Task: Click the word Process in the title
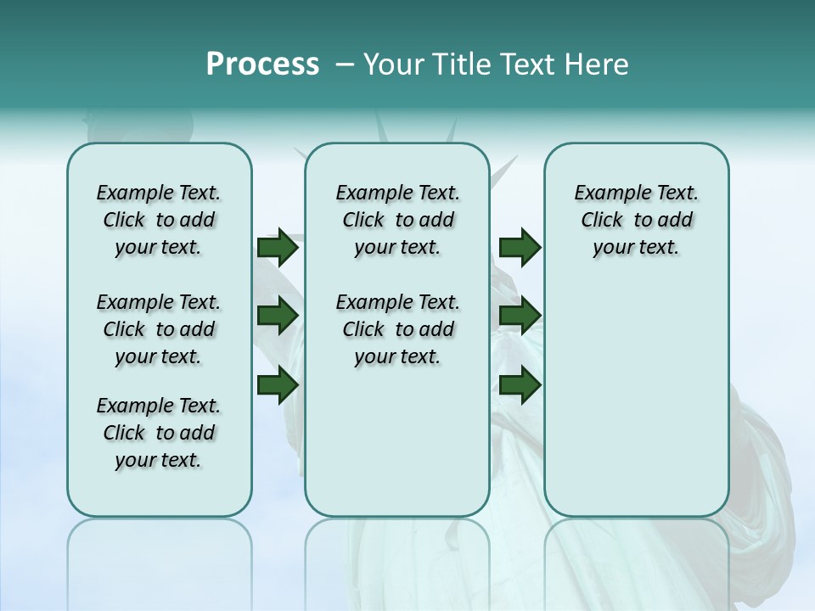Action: point(262,64)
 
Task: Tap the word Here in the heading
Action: point(599,64)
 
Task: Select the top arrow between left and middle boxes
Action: point(278,248)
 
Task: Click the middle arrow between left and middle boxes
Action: point(278,316)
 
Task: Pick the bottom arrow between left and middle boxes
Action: point(278,384)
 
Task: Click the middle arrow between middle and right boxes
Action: point(520,316)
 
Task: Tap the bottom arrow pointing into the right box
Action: point(520,384)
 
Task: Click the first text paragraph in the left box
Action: point(159,220)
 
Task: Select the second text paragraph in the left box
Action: point(159,329)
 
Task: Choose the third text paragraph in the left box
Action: point(159,433)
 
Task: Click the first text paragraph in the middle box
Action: point(398,220)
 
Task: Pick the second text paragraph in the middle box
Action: point(398,329)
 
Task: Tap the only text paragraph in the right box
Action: point(637,220)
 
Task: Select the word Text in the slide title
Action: point(528,64)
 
